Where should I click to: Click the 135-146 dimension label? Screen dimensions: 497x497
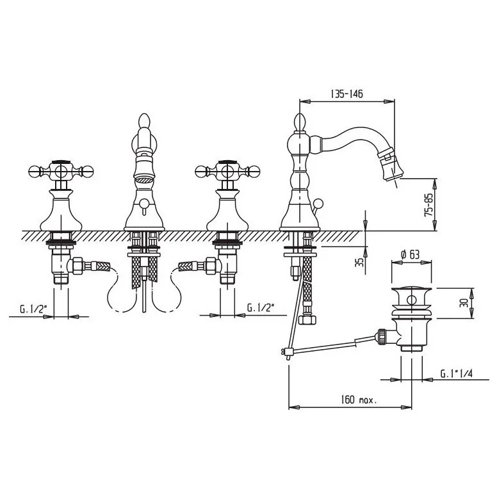click(346, 94)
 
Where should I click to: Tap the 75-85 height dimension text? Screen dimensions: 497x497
click(428, 205)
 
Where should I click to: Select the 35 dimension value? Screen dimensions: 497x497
click(360, 262)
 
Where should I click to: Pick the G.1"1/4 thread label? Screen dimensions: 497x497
click(457, 373)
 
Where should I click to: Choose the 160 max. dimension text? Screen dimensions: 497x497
click(359, 400)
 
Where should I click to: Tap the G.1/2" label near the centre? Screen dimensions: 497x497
click(261, 308)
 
